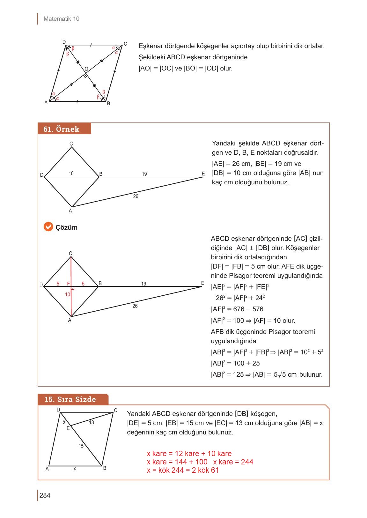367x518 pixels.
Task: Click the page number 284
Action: pos(45,495)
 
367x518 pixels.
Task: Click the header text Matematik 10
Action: pos(61,19)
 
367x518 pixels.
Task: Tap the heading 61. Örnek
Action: pos(61,129)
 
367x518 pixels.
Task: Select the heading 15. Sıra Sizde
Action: pos(70,399)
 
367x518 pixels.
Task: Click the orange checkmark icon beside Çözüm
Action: pos(48,227)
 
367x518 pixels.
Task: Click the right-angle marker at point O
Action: pos(85,76)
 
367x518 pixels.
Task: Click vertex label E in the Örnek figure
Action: pos(203,174)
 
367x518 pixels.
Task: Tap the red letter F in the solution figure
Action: pos(68,284)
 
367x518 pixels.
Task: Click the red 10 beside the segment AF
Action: pos(68,295)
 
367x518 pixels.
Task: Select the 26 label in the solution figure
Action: pos(135,306)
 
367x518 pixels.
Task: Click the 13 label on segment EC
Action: pos(92,423)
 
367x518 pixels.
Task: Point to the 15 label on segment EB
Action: pos(81,446)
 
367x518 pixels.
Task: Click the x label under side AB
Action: pos(75,469)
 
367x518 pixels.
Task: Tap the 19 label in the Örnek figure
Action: pos(144,174)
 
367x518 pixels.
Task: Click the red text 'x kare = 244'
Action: pos(233,462)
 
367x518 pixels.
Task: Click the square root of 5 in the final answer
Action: pos(282,375)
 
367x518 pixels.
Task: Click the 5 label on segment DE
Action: pos(64,422)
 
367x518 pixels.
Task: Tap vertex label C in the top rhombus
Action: pos(125,44)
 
